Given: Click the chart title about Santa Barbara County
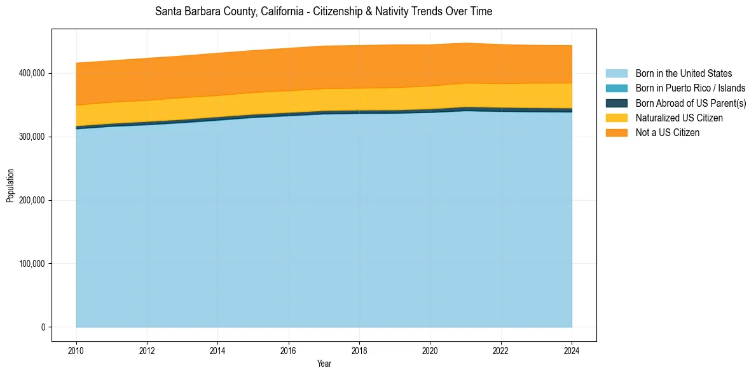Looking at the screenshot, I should (x=324, y=11).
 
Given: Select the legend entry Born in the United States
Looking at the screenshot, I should (x=684, y=74).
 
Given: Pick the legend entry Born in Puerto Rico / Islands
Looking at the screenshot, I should (x=691, y=88).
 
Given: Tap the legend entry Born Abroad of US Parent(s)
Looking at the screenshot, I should (x=691, y=103).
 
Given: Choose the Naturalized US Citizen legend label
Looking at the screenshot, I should (x=679, y=118).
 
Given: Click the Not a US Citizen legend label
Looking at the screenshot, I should (x=668, y=133).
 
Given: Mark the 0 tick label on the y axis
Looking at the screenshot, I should (x=43, y=327).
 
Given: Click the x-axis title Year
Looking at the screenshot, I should (x=324, y=364).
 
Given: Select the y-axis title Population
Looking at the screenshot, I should (x=10, y=185).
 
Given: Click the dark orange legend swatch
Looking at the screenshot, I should (x=616, y=133).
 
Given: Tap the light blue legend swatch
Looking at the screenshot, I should (x=616, y=74).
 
